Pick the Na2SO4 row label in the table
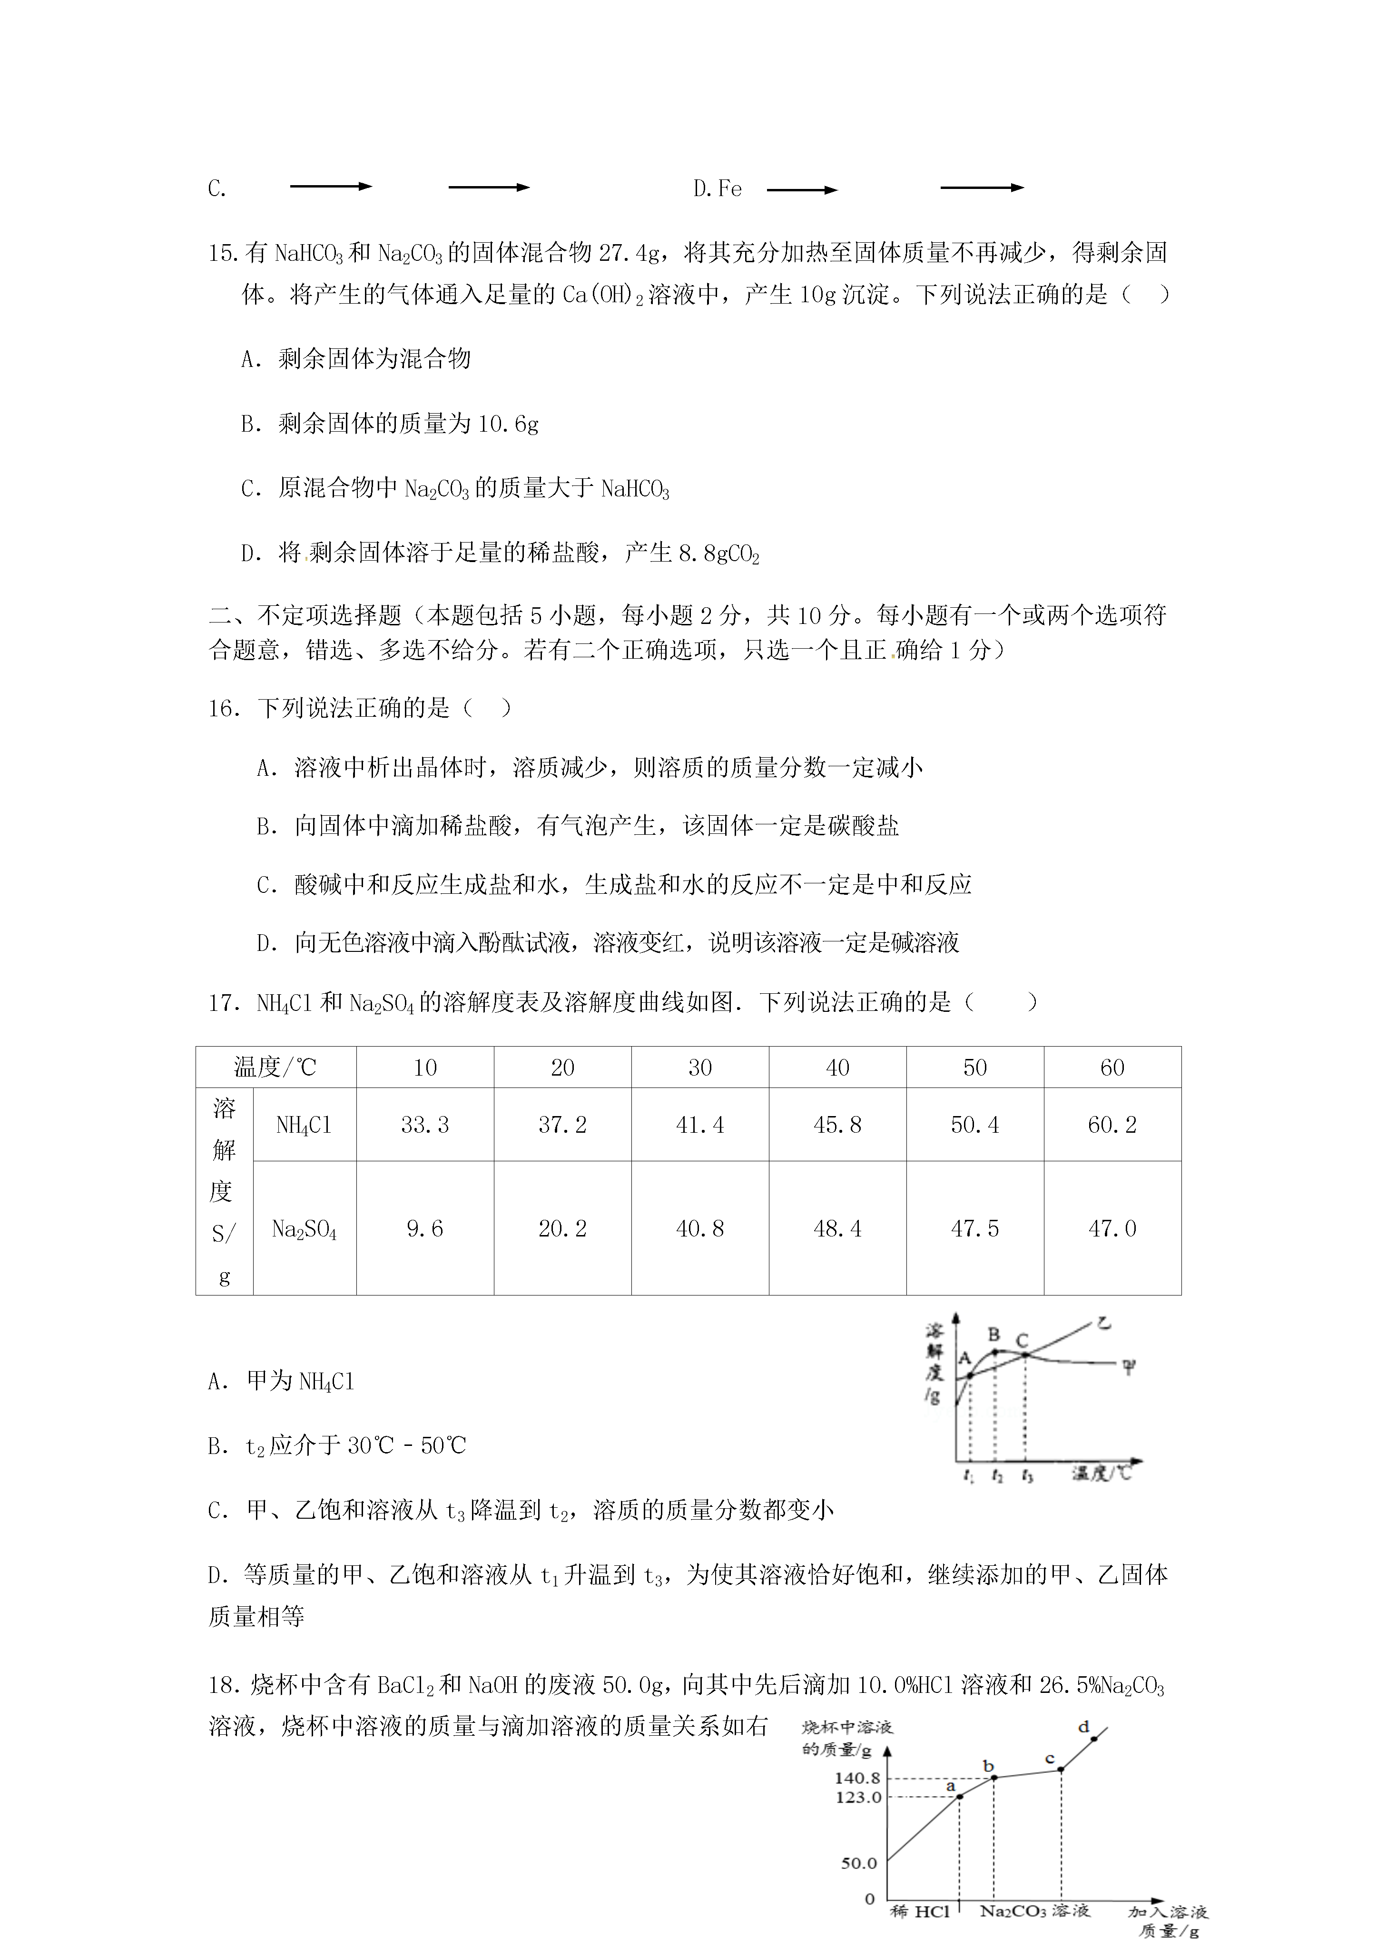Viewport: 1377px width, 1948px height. pyautogui.click(x=304, y=1228)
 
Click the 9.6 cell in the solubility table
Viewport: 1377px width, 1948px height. pyautogui.click(x=424, y=1228)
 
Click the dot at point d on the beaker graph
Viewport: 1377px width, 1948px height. pyautogui.click(x=1093, y=1739)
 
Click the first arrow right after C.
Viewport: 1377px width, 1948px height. pyautogui.click(x=331, y=187)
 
